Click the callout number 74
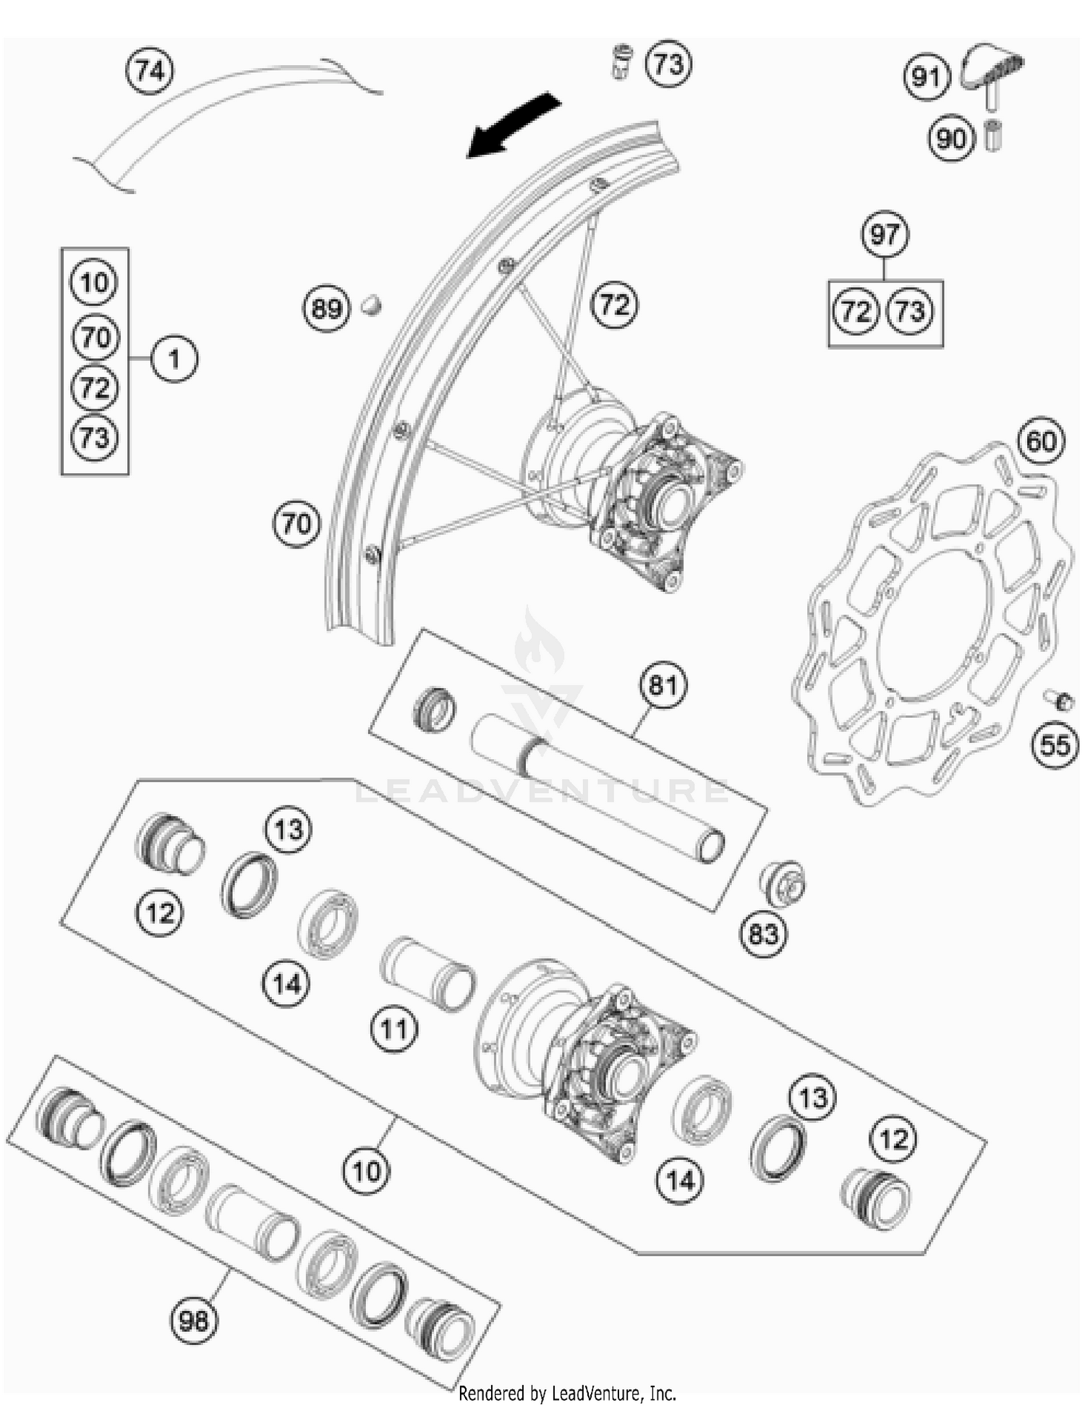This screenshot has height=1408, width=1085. pyautogui.click(x=150, y=72)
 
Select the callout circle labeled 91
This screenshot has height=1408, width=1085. pyautogui.click(x=927, y=76)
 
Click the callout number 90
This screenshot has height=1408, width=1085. pyautogui.click(x=951, y=137)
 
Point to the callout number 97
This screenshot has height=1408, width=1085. pyautogui.click(x=885, y=234)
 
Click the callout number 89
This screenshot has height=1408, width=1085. pyautogui.click(x=325, y=309)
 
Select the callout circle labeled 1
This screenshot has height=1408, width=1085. pyautogui.click(x=174, y=358)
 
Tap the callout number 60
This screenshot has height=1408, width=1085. pyautogui.click(x=1041, y=441)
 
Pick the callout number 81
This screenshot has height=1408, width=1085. pyautogui.click(x=663, y=684)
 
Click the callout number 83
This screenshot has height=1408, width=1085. pyautogui.click(x=762, y=934)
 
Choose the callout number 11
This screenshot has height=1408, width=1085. pyautogui.click(x=394, y=1028)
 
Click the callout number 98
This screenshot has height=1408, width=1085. pyautogui.click(x=194, y=1321)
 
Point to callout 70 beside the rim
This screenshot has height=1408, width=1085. pyautogui.click(x=297, y=523)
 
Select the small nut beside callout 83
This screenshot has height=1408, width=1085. pyautogui.click(x=783, y=883)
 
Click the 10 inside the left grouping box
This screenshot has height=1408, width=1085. pyautogui.click(x=95, y=282)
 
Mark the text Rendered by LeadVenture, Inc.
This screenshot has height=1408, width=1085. pyautogui.click(x=567, y=1393)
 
